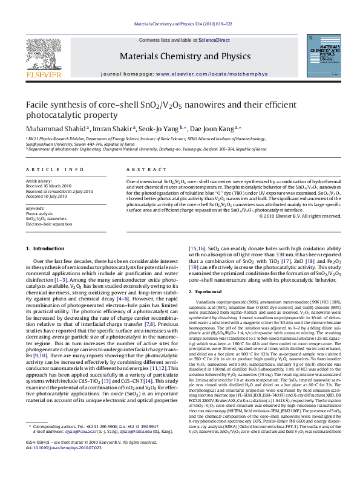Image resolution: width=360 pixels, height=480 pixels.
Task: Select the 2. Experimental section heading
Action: (209, 293)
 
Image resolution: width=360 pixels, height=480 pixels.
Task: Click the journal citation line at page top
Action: (180, 24)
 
